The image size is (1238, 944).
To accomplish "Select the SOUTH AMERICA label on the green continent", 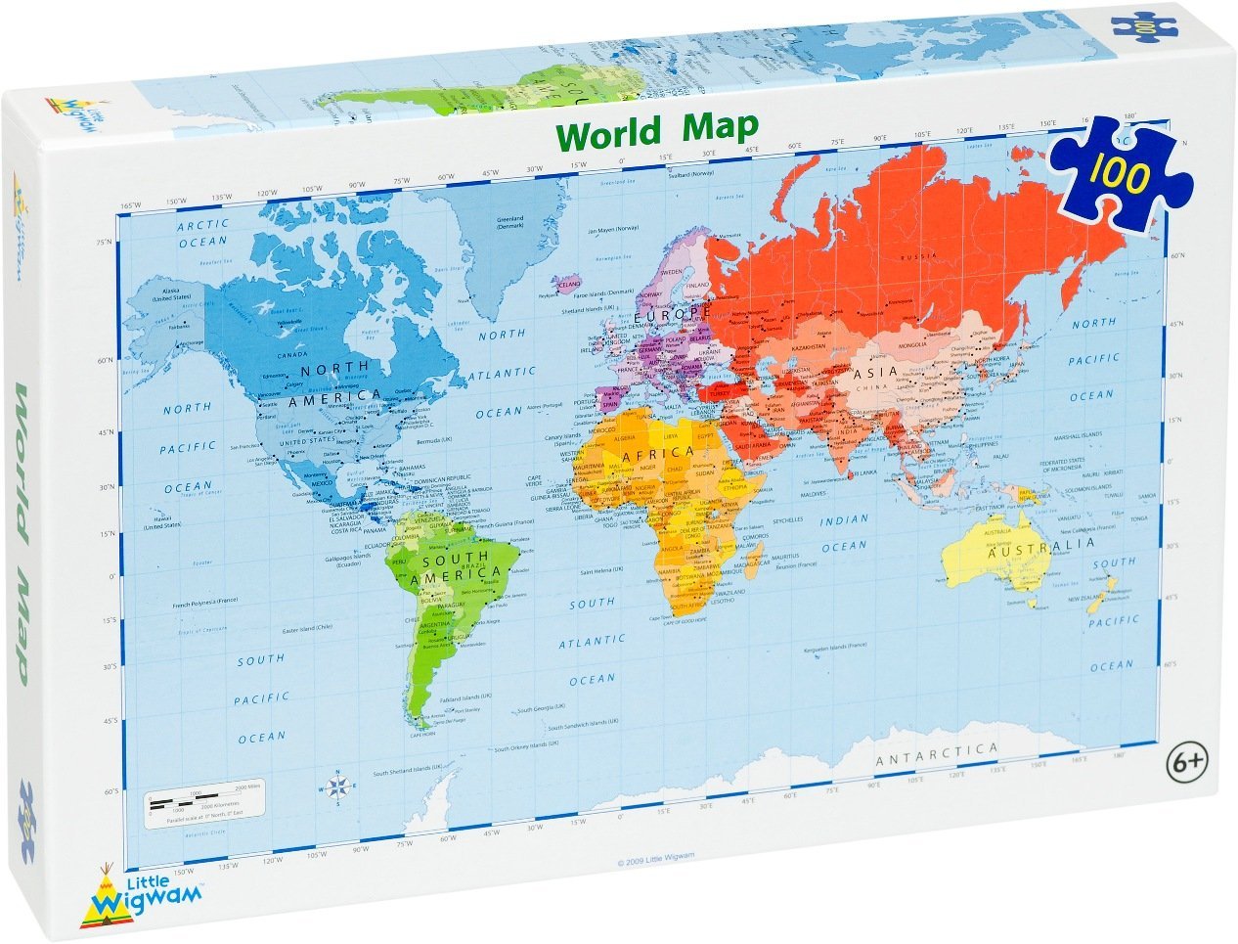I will pos(457,571).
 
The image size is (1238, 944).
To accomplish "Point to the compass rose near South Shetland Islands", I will pos(337,787).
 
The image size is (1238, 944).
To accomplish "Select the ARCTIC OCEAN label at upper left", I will pos(202,232).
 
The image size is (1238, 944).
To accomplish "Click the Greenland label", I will pos(510,219).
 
